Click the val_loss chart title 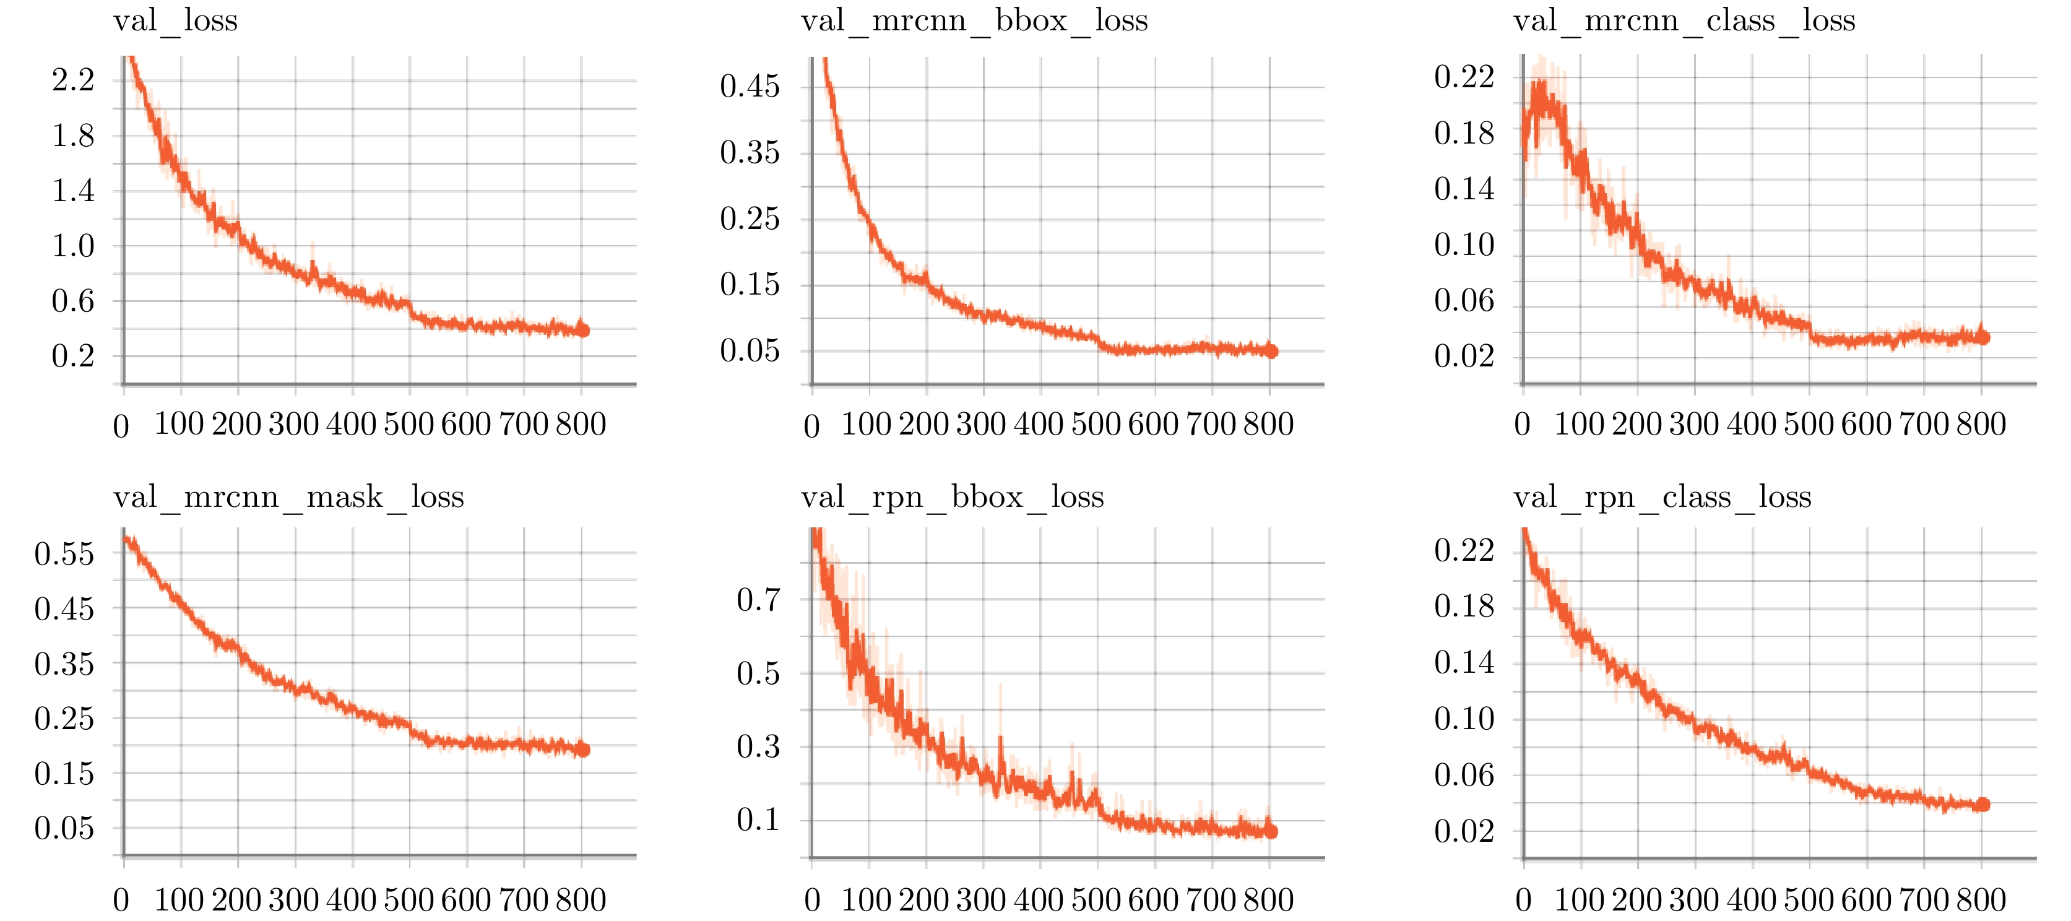[175, 20]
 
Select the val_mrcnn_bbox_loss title [974, 20]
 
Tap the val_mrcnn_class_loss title [1684, 20]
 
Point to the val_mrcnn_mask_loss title [288, 496]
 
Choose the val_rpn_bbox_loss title [952, 496]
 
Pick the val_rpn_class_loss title [1662, 496]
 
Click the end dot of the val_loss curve [583, 331]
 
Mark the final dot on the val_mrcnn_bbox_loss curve [1271, 350]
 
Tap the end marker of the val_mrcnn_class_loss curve [1983, 337]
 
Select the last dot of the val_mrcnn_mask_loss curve [583, 750]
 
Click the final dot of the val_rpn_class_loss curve [1983, 805]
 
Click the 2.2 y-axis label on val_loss [73, 80]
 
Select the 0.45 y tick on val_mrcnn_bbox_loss [750, 86]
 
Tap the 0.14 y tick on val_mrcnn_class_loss [1463, 189]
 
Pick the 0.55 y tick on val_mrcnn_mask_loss [64, 554]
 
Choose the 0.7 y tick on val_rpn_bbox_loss [758, 600]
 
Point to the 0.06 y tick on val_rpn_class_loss [1463, 775]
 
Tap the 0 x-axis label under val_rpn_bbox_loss [812, 900]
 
